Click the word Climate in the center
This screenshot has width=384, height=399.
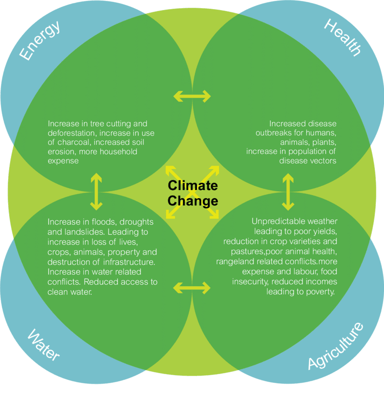tap(193, 186)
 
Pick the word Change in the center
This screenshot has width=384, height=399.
tap(193, 201)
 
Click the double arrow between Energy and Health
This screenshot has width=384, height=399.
tap(192, 96)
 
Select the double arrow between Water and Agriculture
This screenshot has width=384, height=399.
tap(192, 288)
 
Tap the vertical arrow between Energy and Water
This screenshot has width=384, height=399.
tap(96, 191)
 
